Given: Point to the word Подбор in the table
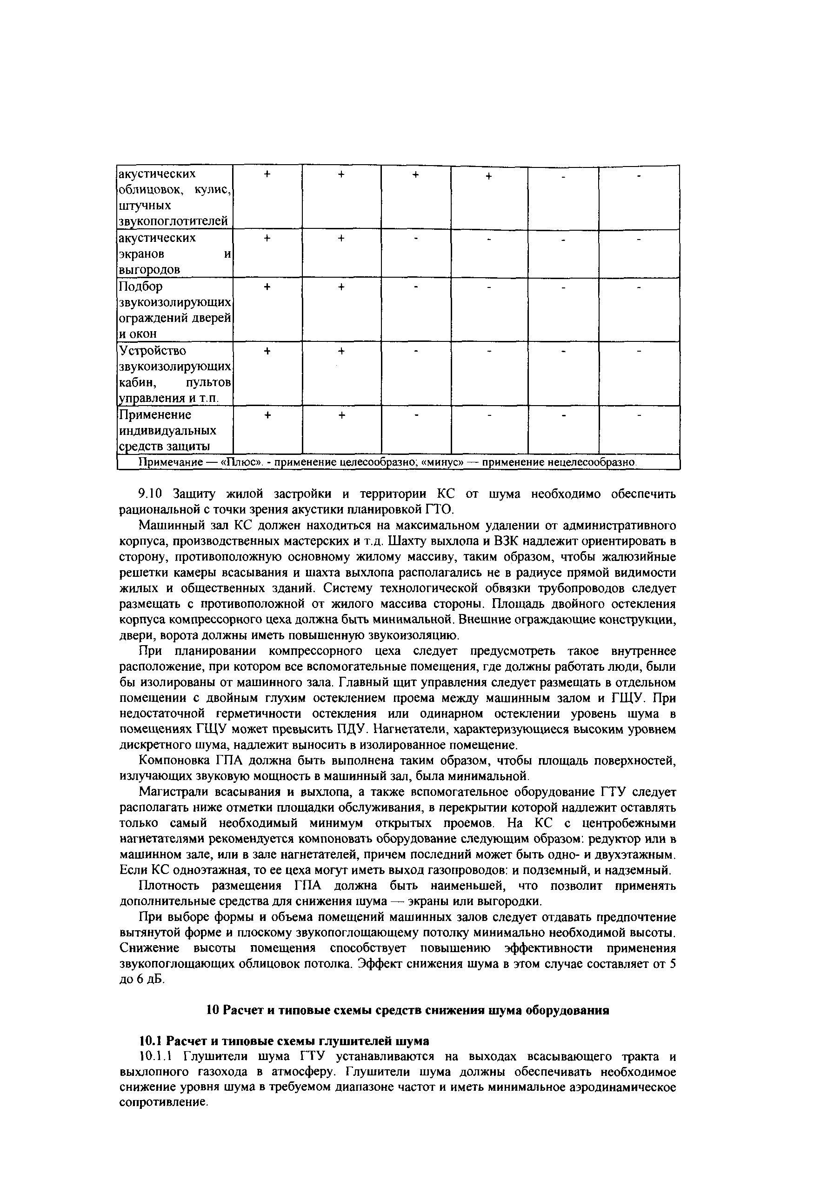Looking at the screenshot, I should (140, 286).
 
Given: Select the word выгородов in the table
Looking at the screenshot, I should (149, 270).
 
